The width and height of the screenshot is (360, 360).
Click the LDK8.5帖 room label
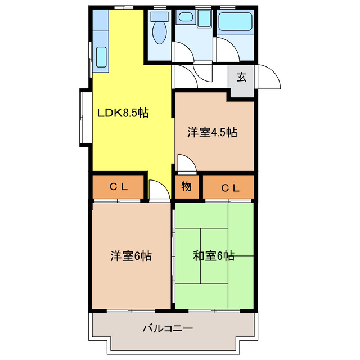tap(123, 112)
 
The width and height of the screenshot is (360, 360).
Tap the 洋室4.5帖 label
tap(212, 133)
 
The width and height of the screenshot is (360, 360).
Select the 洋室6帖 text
tap(130, 256)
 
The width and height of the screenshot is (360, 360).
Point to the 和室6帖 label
tap(214, 256)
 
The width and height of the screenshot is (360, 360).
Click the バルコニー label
tap(168, 328)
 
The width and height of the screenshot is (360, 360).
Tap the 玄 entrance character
tap(241, 78)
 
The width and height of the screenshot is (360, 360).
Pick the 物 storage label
tap(187, 187)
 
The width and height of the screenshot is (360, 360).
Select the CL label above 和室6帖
tap(229, 188)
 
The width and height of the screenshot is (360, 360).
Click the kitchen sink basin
tap(101, 56)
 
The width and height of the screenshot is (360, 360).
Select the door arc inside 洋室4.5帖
tap(186, 164)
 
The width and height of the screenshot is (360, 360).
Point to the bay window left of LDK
tap(85, 116)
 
